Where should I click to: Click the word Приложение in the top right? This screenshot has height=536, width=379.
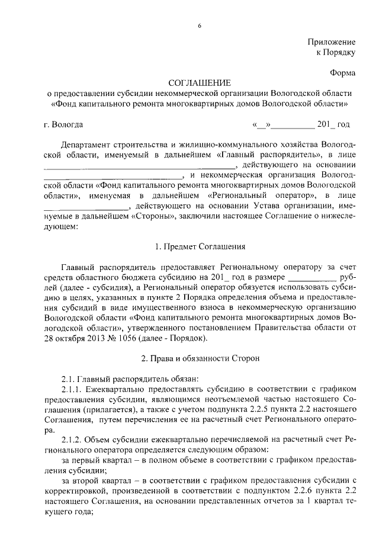coord(331,42)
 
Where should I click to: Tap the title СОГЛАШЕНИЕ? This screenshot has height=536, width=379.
coord(199,83)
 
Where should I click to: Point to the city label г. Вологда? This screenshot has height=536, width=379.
coord(63,124)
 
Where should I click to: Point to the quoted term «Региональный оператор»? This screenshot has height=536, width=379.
coord(256,195)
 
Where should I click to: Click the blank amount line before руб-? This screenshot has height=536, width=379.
coord(311,277)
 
